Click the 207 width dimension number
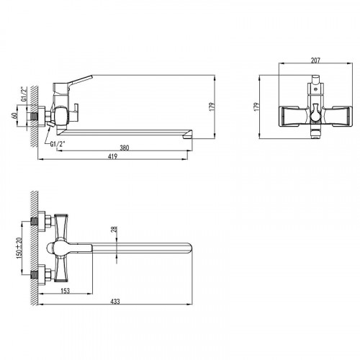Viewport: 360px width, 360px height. coord(315,60)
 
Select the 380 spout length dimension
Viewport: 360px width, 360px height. coord(125,148)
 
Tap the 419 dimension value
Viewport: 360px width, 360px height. coord(112,156)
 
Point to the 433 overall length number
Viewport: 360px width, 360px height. coord(115,301)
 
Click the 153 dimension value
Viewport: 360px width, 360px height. coord(65,291)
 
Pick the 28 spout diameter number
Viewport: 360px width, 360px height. coord(114,229)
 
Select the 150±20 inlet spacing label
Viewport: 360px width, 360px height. coord(19,248)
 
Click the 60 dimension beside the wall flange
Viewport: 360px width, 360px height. coord(14,116)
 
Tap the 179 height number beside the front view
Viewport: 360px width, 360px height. coord(257,107)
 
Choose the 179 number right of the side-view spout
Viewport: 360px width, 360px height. coord(212,107)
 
